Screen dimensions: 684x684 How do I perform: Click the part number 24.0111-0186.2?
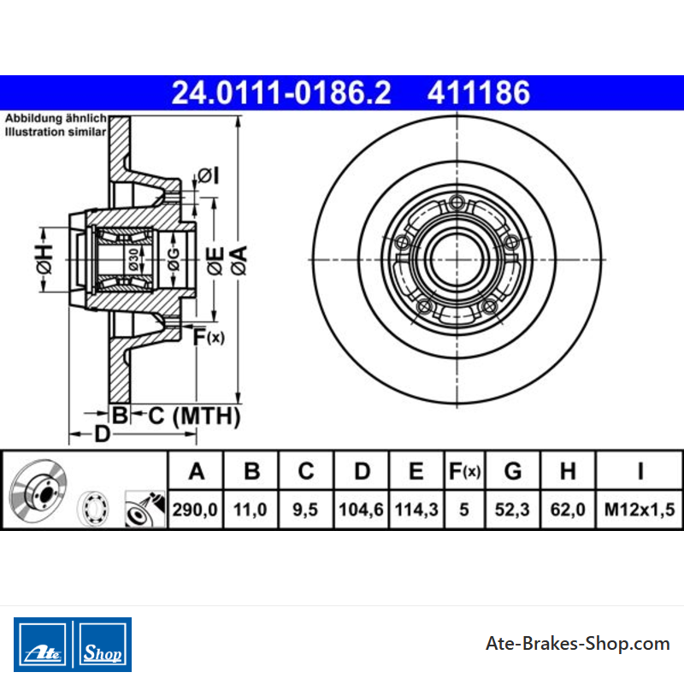click(281, 93)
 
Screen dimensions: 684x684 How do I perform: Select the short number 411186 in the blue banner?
click(479, 93)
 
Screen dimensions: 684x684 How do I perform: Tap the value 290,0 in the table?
click(195, 510)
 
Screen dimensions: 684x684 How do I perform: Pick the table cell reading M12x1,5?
click(640, 510)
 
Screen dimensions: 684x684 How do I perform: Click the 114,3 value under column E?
click(416, 510)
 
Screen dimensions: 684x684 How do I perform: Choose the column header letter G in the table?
click(512, 471)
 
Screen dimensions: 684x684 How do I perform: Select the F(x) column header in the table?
click(464, 471)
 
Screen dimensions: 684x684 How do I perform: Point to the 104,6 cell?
click(361, 510)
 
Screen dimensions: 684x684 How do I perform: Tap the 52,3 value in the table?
click(512, 510)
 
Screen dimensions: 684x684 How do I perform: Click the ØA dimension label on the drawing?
click(239, 260)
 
